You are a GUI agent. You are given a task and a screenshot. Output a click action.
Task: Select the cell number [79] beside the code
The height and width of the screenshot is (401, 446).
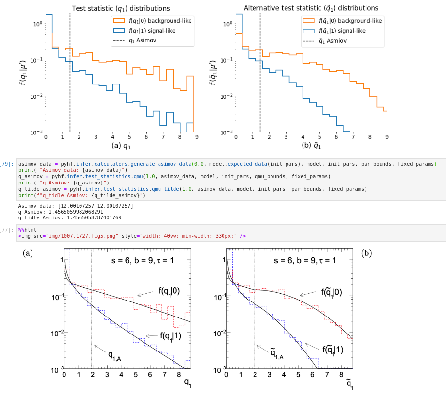[x=6, y=164]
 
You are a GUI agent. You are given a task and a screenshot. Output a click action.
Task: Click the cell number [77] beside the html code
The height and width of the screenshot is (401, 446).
[x=6, y=229]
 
